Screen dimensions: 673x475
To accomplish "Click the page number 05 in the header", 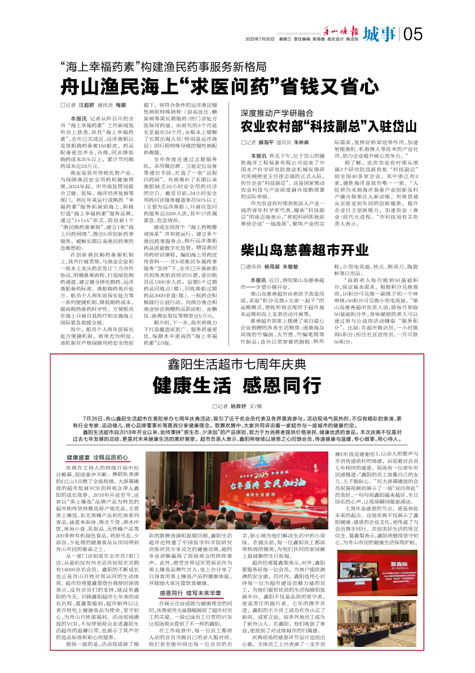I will click(413, 34).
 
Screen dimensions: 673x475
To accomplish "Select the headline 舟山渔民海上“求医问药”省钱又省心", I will click(220, 86).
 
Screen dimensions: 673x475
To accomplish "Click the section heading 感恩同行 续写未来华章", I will click(189, 593).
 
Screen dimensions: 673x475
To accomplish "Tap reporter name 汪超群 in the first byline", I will click(86, 106).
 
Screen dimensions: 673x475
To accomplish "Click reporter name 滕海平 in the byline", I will click(267, 144).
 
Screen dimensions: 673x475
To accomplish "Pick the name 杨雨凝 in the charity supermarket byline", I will click(272, 266).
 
